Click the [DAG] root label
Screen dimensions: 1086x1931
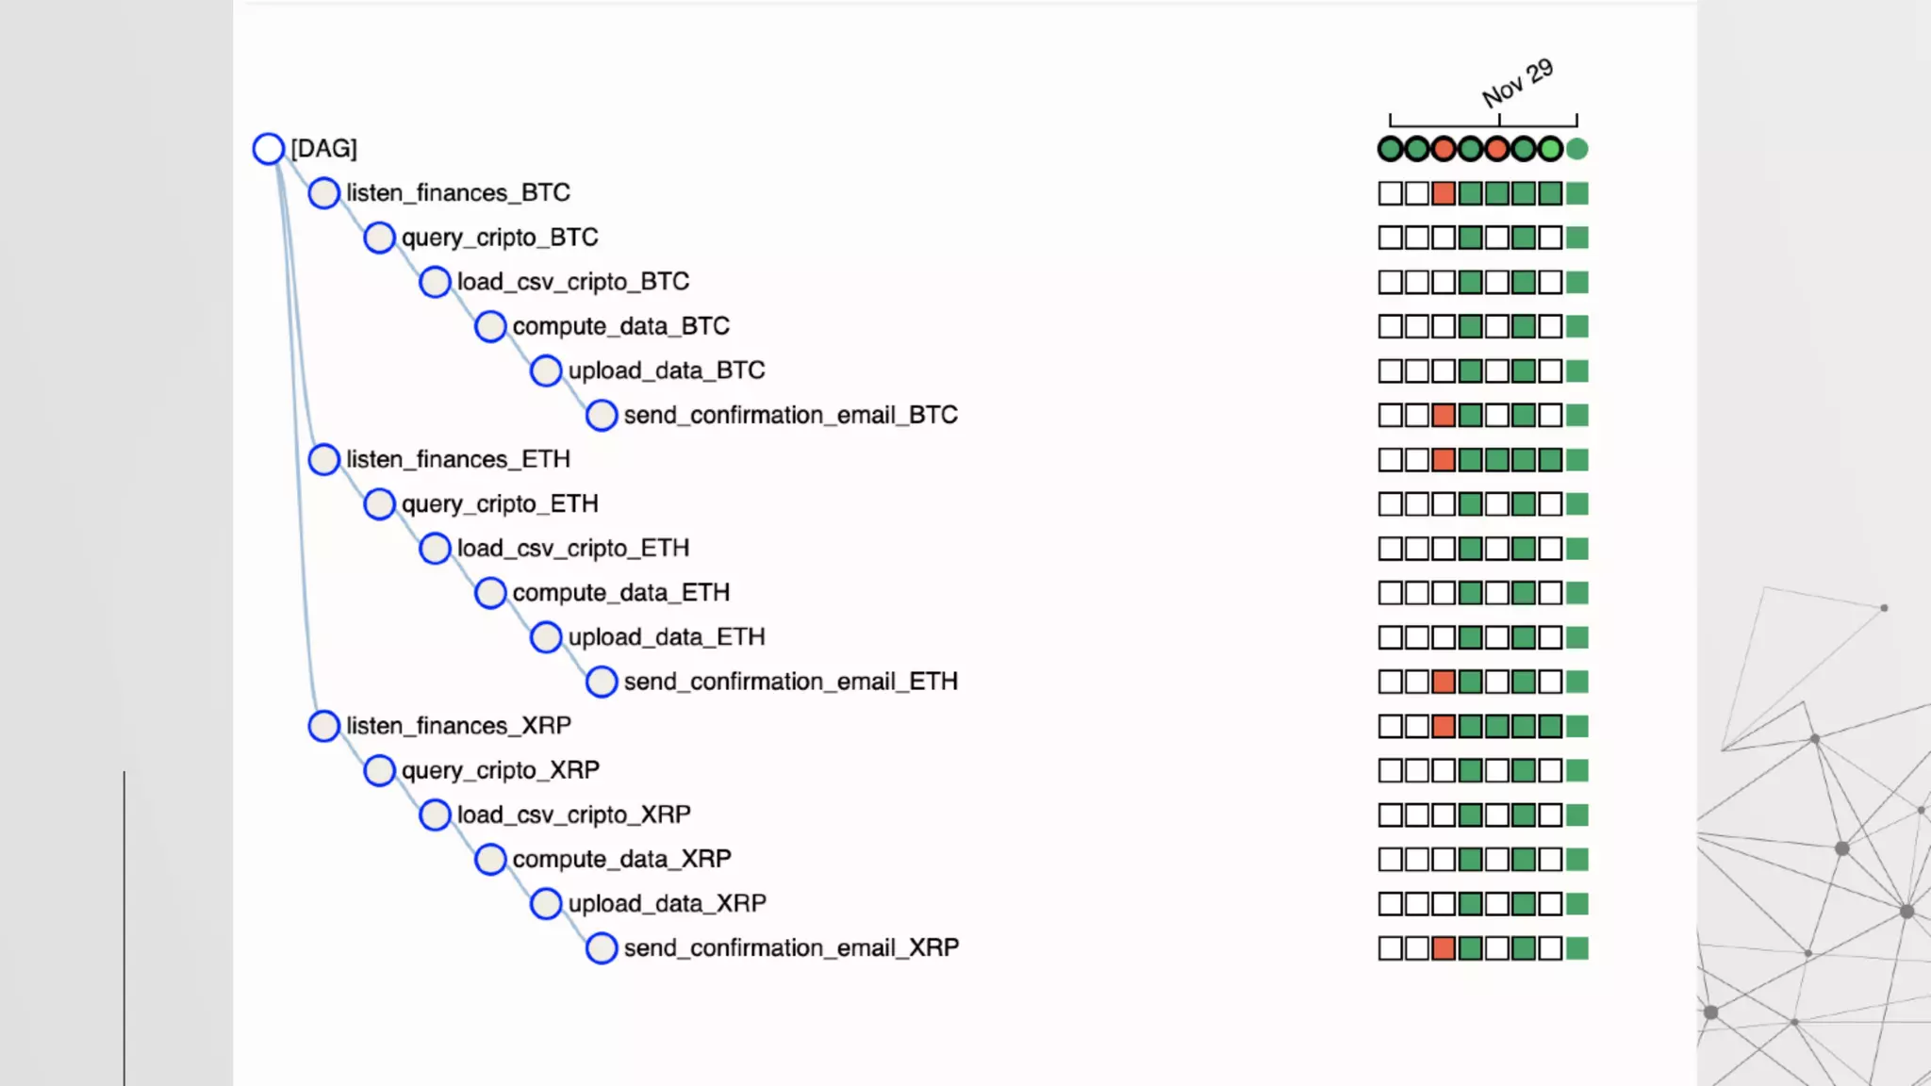coord(323,148)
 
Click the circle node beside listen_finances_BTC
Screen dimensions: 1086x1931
coord(323,192)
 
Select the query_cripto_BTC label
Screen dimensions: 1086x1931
coord(499,237)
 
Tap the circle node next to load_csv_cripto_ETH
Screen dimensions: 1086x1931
coord(435,548)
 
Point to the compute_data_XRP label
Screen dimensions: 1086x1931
coord(621,859)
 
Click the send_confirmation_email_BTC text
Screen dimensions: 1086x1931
coord(790,415)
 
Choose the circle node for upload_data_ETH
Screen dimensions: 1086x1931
coord(546,637)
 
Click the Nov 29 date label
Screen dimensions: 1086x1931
coord(1517,83)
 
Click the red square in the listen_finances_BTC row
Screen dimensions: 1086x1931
coord(1443,193)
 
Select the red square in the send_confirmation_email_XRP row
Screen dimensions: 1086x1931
coord(1443,948)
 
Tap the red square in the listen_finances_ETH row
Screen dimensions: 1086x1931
coord(1443,460)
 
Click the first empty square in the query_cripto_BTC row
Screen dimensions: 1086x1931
coord(1390,238)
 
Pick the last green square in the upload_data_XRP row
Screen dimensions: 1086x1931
coord(1576,904)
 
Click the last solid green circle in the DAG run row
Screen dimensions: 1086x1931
coord(1576,149)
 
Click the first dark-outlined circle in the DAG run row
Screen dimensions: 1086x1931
coord(1390,149)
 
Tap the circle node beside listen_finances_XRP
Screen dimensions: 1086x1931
coord(323,726)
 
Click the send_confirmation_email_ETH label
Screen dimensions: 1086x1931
coord(790,682)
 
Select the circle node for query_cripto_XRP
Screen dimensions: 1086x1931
coord(379,770)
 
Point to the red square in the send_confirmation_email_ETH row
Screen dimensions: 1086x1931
coord(1443,682)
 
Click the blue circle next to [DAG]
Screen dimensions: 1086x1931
coord(269,148)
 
